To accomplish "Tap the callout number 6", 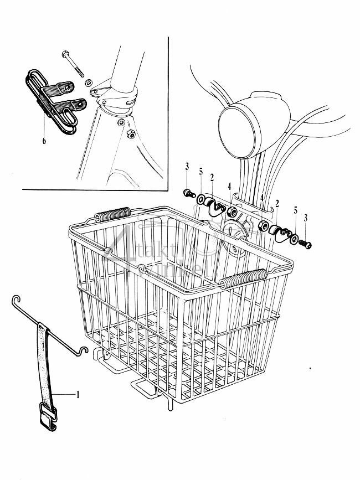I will tap(43, 141).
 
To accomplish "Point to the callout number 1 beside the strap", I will tap(78, 395).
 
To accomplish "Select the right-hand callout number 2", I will tap(276, 204).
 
